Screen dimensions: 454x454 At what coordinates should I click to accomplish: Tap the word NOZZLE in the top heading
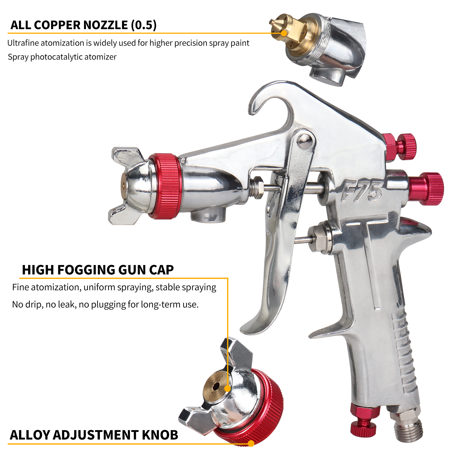click(x=106, y=25)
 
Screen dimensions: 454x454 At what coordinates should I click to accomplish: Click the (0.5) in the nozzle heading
click(x=144, y=25)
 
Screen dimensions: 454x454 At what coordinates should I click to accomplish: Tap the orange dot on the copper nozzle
click(x=284, y=33)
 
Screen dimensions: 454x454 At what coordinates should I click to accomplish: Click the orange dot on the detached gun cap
click(x=228, y=388)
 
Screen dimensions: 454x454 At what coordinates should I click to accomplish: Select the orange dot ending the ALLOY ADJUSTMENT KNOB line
click(x=251, y=443)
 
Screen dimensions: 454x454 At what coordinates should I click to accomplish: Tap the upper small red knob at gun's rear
click(x=400, y=147)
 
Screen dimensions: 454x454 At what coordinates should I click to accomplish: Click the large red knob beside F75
click(x=426, y=188)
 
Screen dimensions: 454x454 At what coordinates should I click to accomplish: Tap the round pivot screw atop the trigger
click(x=304, y=141)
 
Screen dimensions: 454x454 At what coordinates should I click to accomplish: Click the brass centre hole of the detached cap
click(x=216, y=386)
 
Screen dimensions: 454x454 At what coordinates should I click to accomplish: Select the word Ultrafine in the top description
click(x=23, y=43)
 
